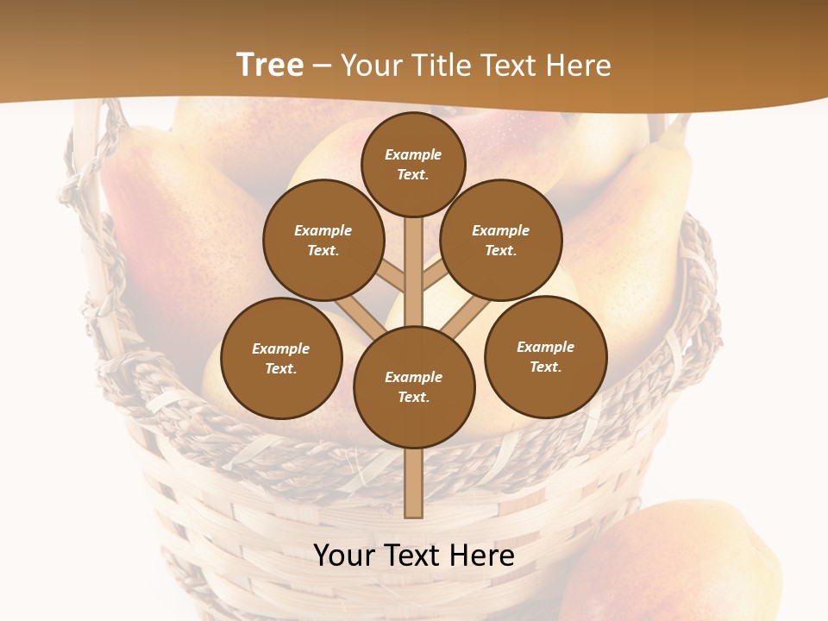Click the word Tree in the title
(270, 66)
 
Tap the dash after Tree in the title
(322, 66)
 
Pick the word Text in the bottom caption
(414, 556)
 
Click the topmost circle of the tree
(413, 165)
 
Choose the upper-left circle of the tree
(323, 241)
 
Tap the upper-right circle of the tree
(500, 241)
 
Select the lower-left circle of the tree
(281, 359)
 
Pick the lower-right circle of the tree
(545, 357)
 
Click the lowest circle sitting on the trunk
(414, 387)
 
